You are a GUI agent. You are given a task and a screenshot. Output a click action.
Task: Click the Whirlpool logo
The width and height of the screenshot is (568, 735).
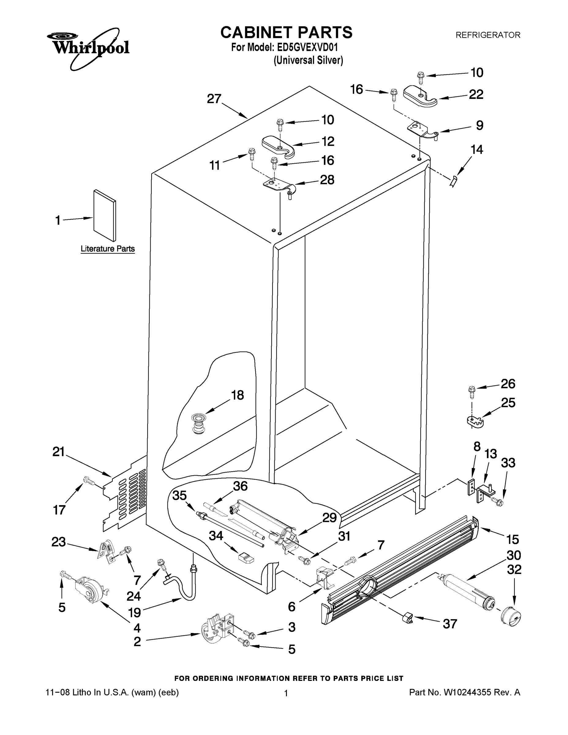click(x=88, y=47)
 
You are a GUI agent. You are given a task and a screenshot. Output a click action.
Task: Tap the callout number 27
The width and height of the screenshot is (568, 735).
click(x=214, y=99)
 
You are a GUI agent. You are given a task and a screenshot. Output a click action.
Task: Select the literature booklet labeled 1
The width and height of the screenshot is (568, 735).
click(x=105, y=215)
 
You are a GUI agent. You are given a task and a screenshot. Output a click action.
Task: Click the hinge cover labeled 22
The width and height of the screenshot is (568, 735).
click(x=419, y=96)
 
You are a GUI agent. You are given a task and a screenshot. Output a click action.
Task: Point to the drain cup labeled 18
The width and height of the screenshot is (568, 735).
click(x=198, y=424)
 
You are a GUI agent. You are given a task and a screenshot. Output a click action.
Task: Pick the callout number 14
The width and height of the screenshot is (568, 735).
click(x=477, y=149)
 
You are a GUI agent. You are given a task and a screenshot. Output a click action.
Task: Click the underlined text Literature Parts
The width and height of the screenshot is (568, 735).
click(x=108, y=249)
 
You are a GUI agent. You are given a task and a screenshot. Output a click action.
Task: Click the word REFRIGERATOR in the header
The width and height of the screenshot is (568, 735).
click(x=487, y=35)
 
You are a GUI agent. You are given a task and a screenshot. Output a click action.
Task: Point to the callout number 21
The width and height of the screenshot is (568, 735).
click(x=58, y=452)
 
